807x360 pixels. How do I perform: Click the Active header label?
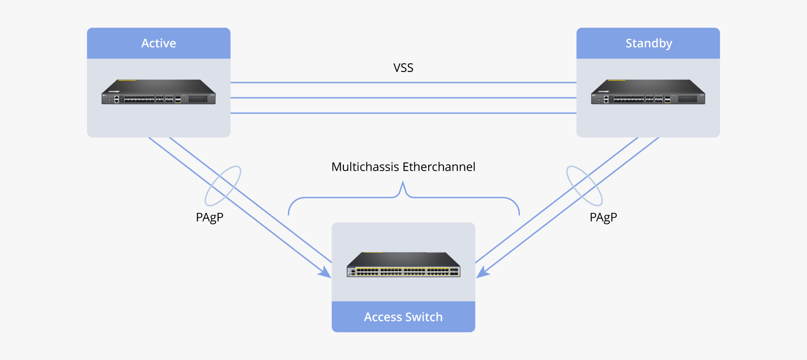click(x=159, y=43)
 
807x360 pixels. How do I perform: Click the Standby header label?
click(x=648, y=43)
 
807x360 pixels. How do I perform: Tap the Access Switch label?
click(x=403, y=317)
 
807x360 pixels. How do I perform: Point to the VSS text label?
click(x=403, y=68)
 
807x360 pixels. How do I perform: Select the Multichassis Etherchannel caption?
click(x=403, y=166)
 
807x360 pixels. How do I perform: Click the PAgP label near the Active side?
click(x=210, y=217)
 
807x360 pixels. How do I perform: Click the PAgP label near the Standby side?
click(x=603, y=217)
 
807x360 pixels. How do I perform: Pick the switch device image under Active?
click(x=159, y=92)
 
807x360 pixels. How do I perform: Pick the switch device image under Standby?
click(x=648, y=92)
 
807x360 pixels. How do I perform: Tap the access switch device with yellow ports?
click(x=403, y=265)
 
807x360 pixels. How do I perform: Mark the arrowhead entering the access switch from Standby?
click(x=482, y=273)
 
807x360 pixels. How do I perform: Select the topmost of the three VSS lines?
click(x=403, y=83)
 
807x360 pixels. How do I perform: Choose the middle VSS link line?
click(x=403, y=98)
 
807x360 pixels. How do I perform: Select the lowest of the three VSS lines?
click(x=403, y=113)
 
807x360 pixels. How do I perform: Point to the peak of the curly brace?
click(x=403, y=183)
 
